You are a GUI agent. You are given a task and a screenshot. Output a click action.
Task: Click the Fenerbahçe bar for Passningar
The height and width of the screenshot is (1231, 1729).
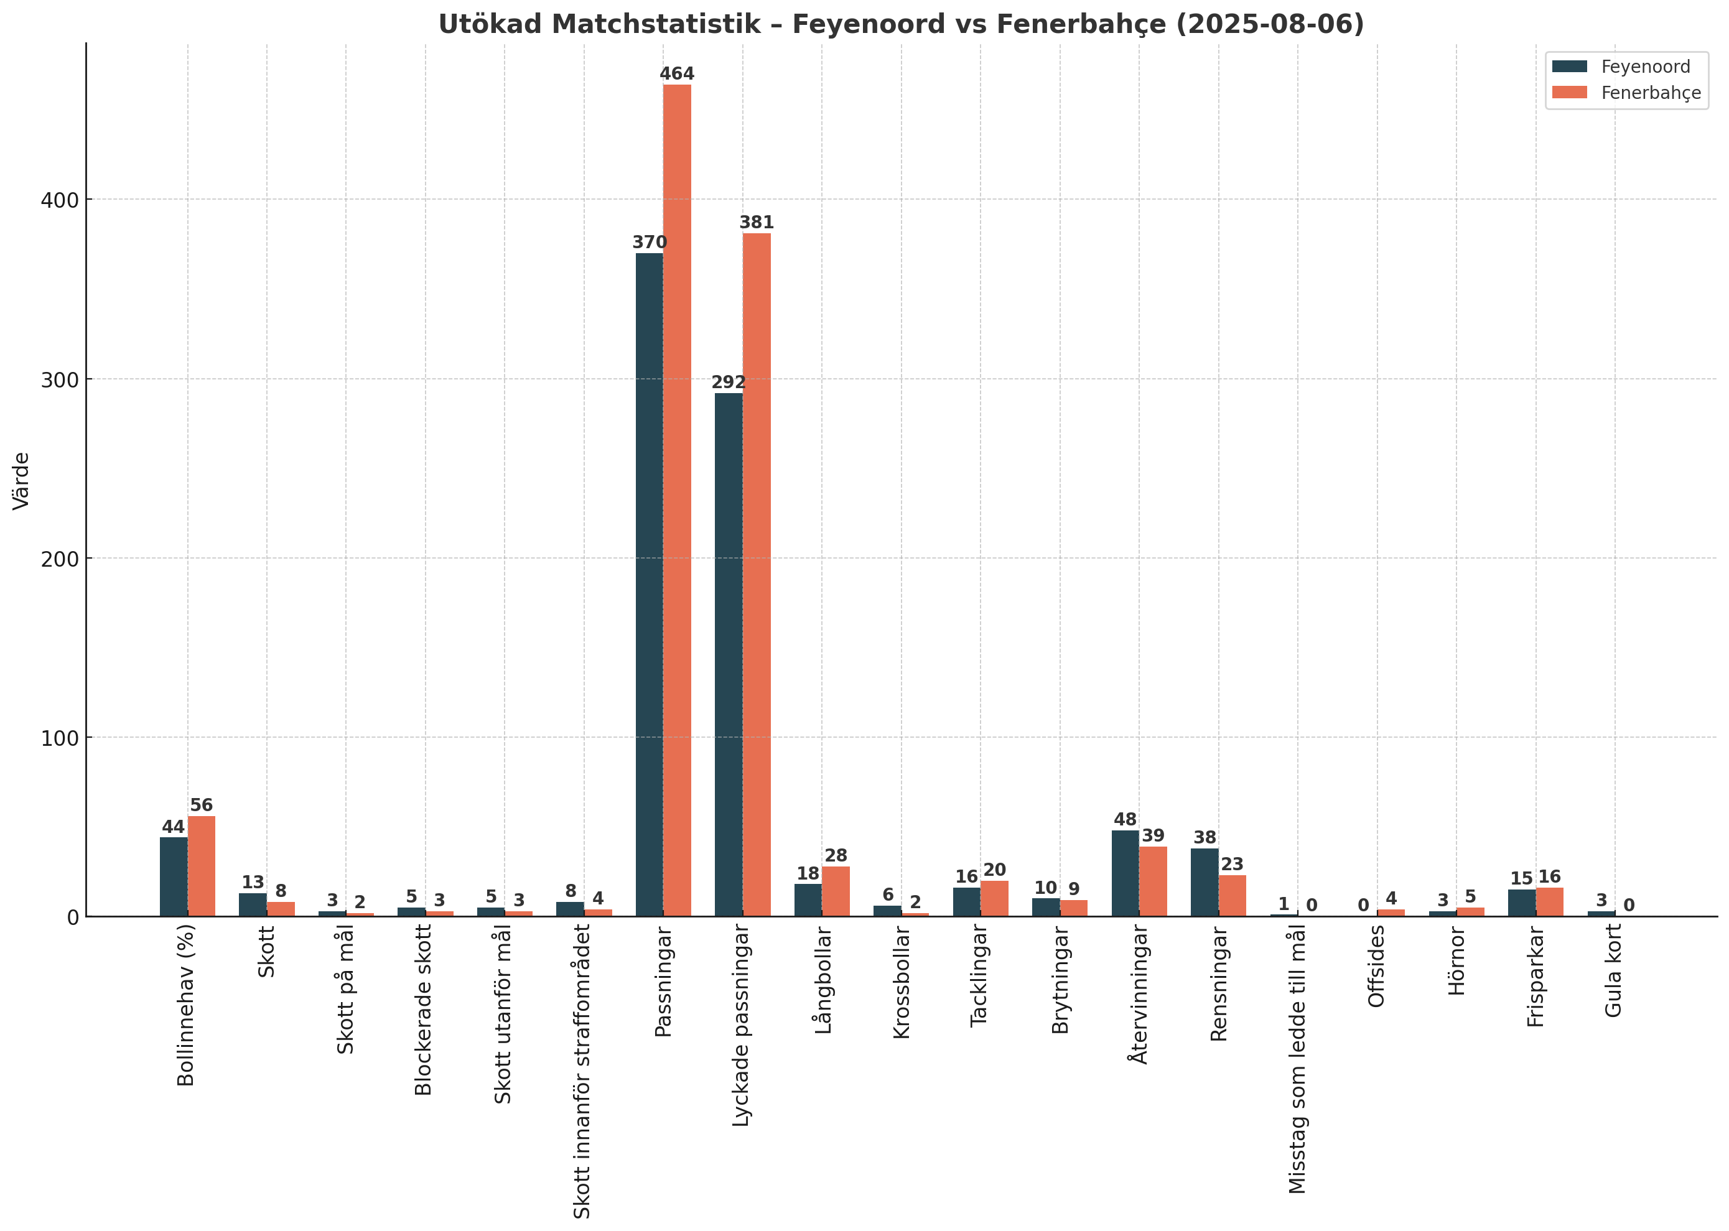(677, 500)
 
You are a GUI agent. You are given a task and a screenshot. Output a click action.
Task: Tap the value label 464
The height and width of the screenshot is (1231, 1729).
(677, 74)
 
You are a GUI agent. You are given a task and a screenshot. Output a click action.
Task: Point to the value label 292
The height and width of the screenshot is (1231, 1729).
(728, 383)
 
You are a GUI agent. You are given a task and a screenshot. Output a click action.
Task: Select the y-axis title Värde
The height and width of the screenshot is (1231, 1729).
(21, 481)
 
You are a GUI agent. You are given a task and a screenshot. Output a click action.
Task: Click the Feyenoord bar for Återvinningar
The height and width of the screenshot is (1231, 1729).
(1125, 873)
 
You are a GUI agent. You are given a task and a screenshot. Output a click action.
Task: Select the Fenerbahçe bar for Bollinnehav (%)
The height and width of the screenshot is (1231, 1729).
(202, 866)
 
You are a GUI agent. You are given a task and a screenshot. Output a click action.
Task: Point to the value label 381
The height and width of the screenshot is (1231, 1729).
(757, 223)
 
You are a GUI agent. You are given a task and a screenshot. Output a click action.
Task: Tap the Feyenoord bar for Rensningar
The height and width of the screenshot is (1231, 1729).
(1205, 882)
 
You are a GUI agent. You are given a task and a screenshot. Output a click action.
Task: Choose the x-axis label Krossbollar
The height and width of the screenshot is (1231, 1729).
(902, 982)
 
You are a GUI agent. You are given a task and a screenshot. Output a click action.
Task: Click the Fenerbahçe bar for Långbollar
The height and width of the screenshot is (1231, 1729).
(836, 891)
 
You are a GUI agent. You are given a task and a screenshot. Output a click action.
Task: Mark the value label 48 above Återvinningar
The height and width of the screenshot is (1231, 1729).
(1125, 820)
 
